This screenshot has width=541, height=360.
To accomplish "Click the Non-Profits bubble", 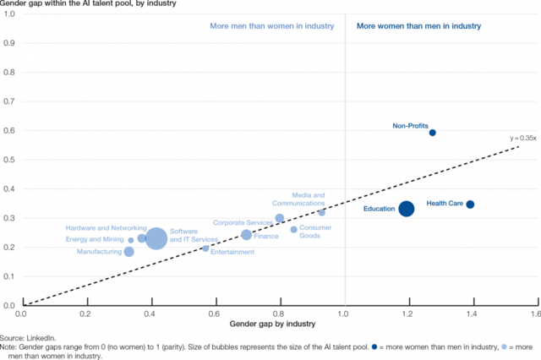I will point(432,133).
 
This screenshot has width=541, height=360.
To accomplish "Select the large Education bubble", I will point(406,209).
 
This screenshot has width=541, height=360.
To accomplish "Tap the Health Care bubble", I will point(470,205).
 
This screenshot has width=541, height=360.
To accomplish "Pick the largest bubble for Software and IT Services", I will point(156,240).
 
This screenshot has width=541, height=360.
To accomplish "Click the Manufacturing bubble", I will point(128,252).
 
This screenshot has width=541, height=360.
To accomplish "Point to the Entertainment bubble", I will point(205,248).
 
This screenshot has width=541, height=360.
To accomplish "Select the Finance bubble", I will point(246,235).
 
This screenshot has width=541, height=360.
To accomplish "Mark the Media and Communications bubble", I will point(321,213).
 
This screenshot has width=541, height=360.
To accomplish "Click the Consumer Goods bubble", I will point(293,230).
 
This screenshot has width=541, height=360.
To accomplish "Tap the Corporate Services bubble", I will point(280,219).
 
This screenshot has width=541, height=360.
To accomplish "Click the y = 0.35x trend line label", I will point(523,138).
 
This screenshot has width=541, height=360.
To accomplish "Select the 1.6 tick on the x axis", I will point(534,313).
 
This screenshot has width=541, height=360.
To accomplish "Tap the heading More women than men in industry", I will point(418,26).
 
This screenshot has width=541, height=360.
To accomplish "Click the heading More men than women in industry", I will point(272,26).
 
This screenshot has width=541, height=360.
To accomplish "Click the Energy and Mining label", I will point(95,240).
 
